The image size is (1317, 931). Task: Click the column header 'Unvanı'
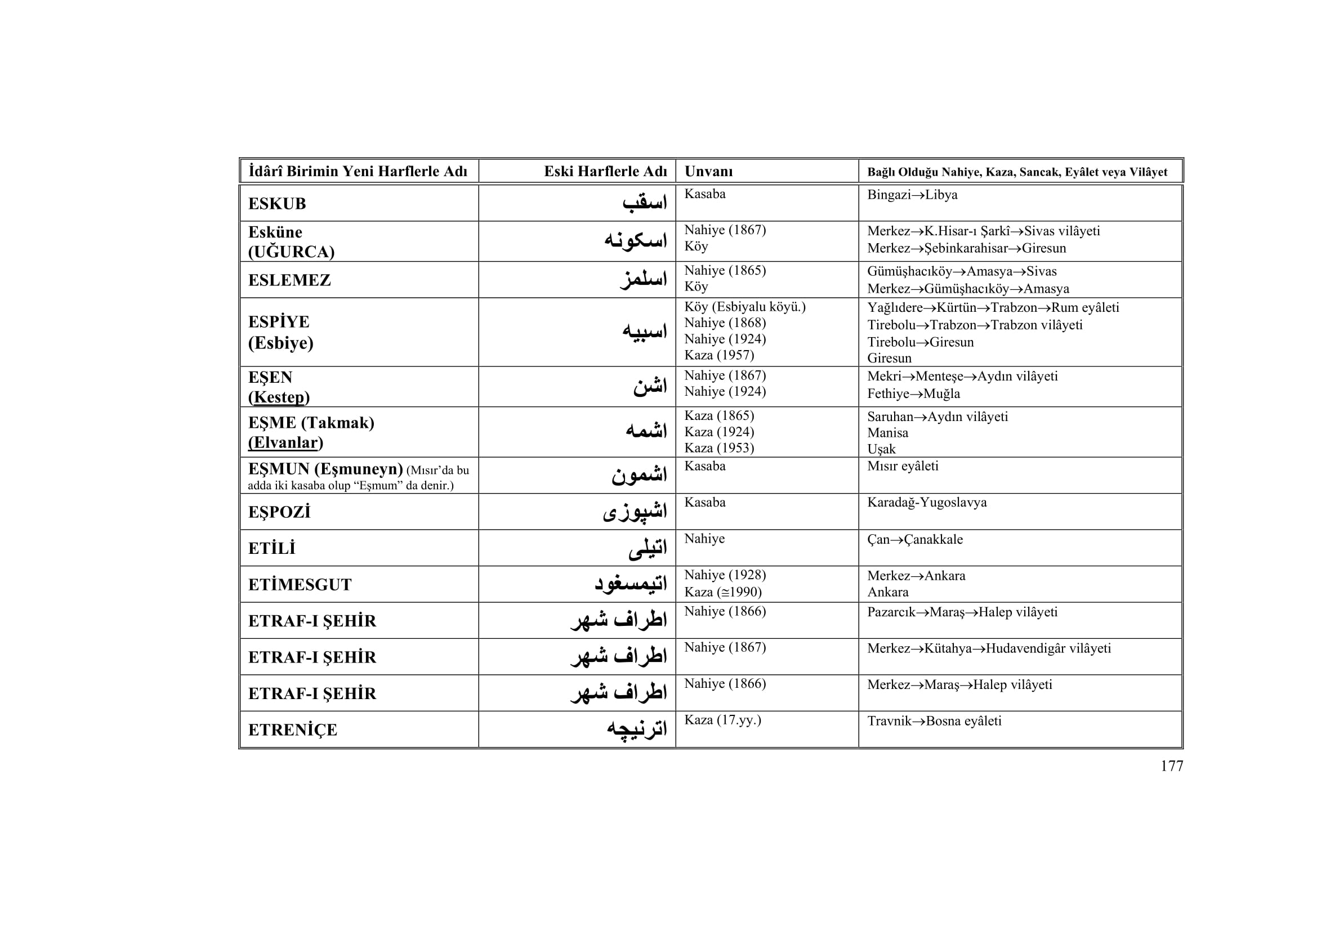[x=708, y=172]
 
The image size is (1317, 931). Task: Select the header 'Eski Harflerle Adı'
[x=605, y=172]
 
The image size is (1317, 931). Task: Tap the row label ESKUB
[x=277, y=204]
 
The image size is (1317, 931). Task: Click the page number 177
[x=1171, y=767]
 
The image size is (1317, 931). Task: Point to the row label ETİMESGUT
[x=300, y=585]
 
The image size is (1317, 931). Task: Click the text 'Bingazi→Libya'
[x=912, y=195]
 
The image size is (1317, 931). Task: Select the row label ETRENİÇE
[x=293, y=730]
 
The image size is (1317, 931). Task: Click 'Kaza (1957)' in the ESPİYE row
[x=718, y=355]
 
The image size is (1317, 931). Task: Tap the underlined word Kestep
[x=279, y=397]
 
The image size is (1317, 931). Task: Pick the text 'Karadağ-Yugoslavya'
[x=927, y=503]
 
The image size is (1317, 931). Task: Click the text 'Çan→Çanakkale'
[x=915, y=539]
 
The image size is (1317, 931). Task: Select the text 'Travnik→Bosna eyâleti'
[x=934, y=721]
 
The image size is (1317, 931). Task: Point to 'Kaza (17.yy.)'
[x=722, y=720]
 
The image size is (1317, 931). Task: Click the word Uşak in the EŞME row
[x=881, y=449]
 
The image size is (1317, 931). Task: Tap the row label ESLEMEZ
[x=289, y=280]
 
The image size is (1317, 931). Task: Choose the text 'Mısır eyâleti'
[x=902, y=466]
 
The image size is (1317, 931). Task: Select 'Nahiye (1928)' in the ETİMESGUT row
[x=725, y=575]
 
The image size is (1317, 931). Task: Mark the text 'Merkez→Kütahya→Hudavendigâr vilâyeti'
[x=989, y=648]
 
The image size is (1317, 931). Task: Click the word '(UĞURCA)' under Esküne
[x=291, y=252]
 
